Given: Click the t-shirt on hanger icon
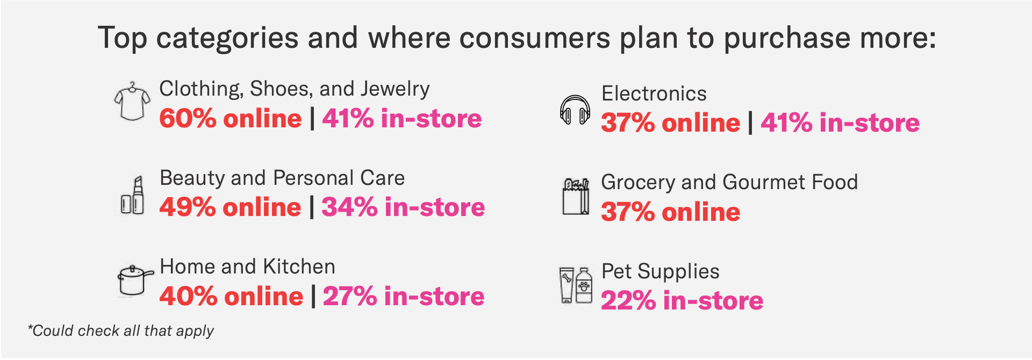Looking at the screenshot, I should pyautogui.click(x=132, y=102).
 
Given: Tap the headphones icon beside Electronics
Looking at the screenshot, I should pyautogui.click(x=575, y=110).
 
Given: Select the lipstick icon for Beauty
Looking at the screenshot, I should pyautogui.click(x=132, y=196).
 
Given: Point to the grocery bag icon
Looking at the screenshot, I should pyautogui.click(x=575, y=197).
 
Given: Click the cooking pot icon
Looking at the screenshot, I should pyautogui.click(x=134, y=280).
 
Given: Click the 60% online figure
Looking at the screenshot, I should pyautogui.click(x=230, y=119).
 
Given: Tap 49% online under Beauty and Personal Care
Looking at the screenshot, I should pyautogui.click(x=230, y=207).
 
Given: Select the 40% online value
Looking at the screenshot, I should pyautogui.click(x=231, y=297).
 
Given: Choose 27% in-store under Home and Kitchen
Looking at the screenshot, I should pyautogui.click(x=403, y=297).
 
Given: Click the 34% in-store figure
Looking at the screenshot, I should pyautogui.click(x=403, y=207).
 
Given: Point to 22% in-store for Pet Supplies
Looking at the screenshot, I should pyautogui.click(x=682, y=301).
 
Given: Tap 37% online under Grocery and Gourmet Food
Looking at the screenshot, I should pyautogui.click(x=670, y=212).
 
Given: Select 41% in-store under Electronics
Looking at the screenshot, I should pyautogui.click(x=840, y=123).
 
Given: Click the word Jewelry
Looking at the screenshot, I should pyautogui.click(x=395, y=89).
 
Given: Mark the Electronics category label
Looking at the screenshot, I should pyautogui.click(x=654, y=94).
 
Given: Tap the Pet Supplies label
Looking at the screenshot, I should pyautogui.click(x=660, y=272).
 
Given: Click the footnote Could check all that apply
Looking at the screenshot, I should pyautogui.click(x=121, y=331).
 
